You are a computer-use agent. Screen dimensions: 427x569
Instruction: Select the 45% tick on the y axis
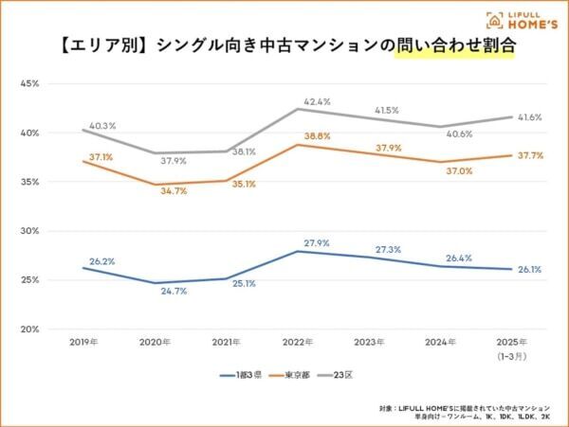[29, 84]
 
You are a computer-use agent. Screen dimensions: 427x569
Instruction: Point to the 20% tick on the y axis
[29, 329]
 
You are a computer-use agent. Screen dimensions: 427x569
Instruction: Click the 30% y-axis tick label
[29, 231]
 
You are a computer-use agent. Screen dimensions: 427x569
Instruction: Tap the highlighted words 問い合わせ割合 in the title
[454, 45]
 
